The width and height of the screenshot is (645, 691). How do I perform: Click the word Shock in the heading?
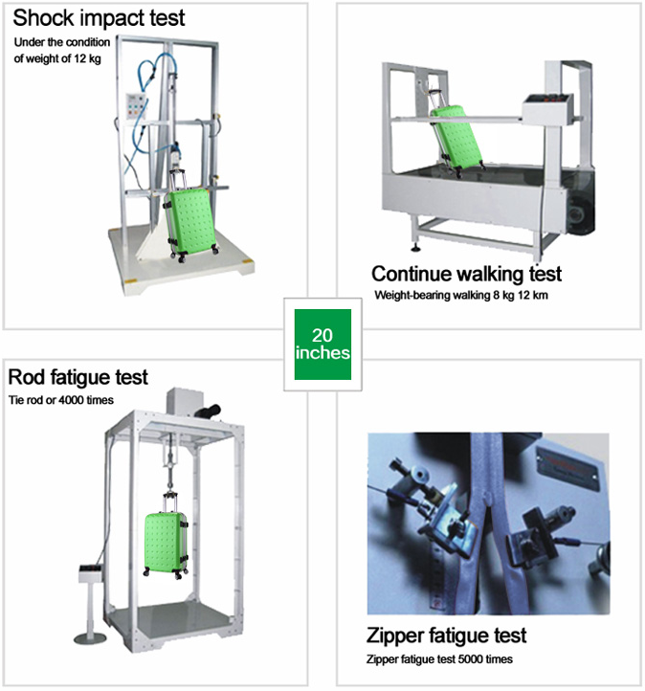point(44,17)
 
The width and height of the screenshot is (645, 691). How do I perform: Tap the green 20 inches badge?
point(322,345)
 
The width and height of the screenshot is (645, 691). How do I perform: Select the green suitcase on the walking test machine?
point(456,138)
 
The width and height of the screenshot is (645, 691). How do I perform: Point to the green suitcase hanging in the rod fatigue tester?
point(166,543)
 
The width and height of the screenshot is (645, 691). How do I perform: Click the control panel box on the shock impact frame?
point(136,106)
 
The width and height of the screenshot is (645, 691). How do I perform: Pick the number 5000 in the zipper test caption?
point(470,659)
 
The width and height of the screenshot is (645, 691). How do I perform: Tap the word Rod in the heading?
point(27,377)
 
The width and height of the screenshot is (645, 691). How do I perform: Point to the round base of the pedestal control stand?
point(90,637)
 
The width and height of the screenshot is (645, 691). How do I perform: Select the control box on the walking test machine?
point(547,108)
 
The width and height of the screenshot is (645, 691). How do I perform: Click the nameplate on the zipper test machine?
point(567,467)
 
